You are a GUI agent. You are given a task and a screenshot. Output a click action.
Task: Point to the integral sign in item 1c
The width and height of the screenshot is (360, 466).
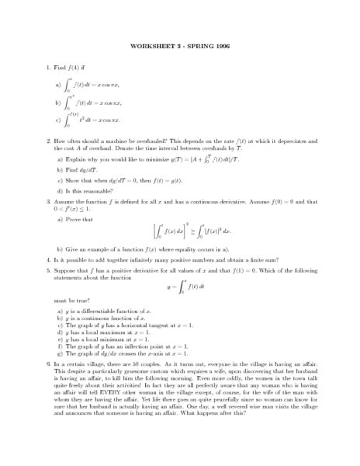(68, 119)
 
